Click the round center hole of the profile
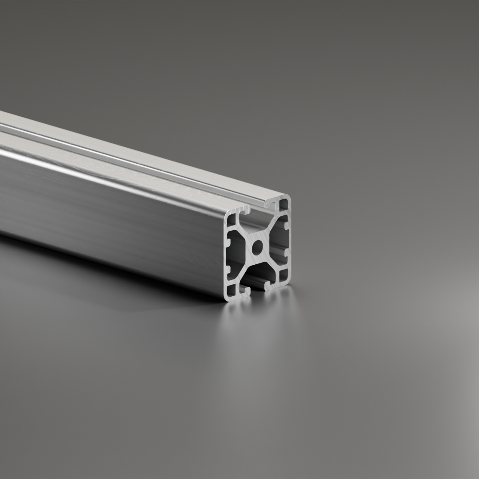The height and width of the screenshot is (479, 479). click(x=257, y=247)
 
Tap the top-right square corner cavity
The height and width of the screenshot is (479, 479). click(x=283, y=205)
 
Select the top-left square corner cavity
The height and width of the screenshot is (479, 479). click(x=232, y=218)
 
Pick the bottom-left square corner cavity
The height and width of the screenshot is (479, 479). click(x=232, y=291)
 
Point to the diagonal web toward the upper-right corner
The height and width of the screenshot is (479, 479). click(x=271, y=227)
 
